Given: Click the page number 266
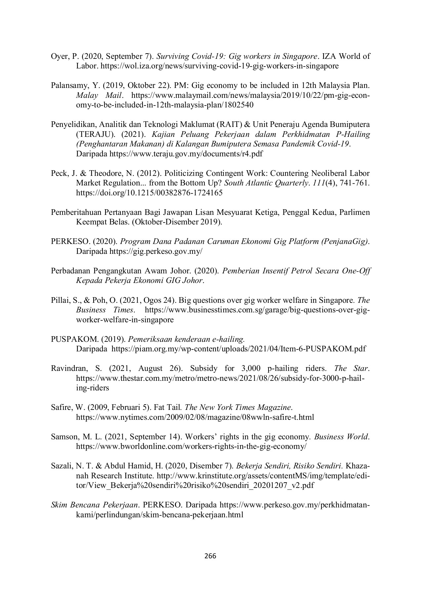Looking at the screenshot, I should pos(210,556).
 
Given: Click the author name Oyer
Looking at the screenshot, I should pos(59,56).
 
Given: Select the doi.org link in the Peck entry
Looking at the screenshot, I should pos(149,193).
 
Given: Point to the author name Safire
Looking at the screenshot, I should pos(60,407).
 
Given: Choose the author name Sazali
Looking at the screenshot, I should pos(60,466).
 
